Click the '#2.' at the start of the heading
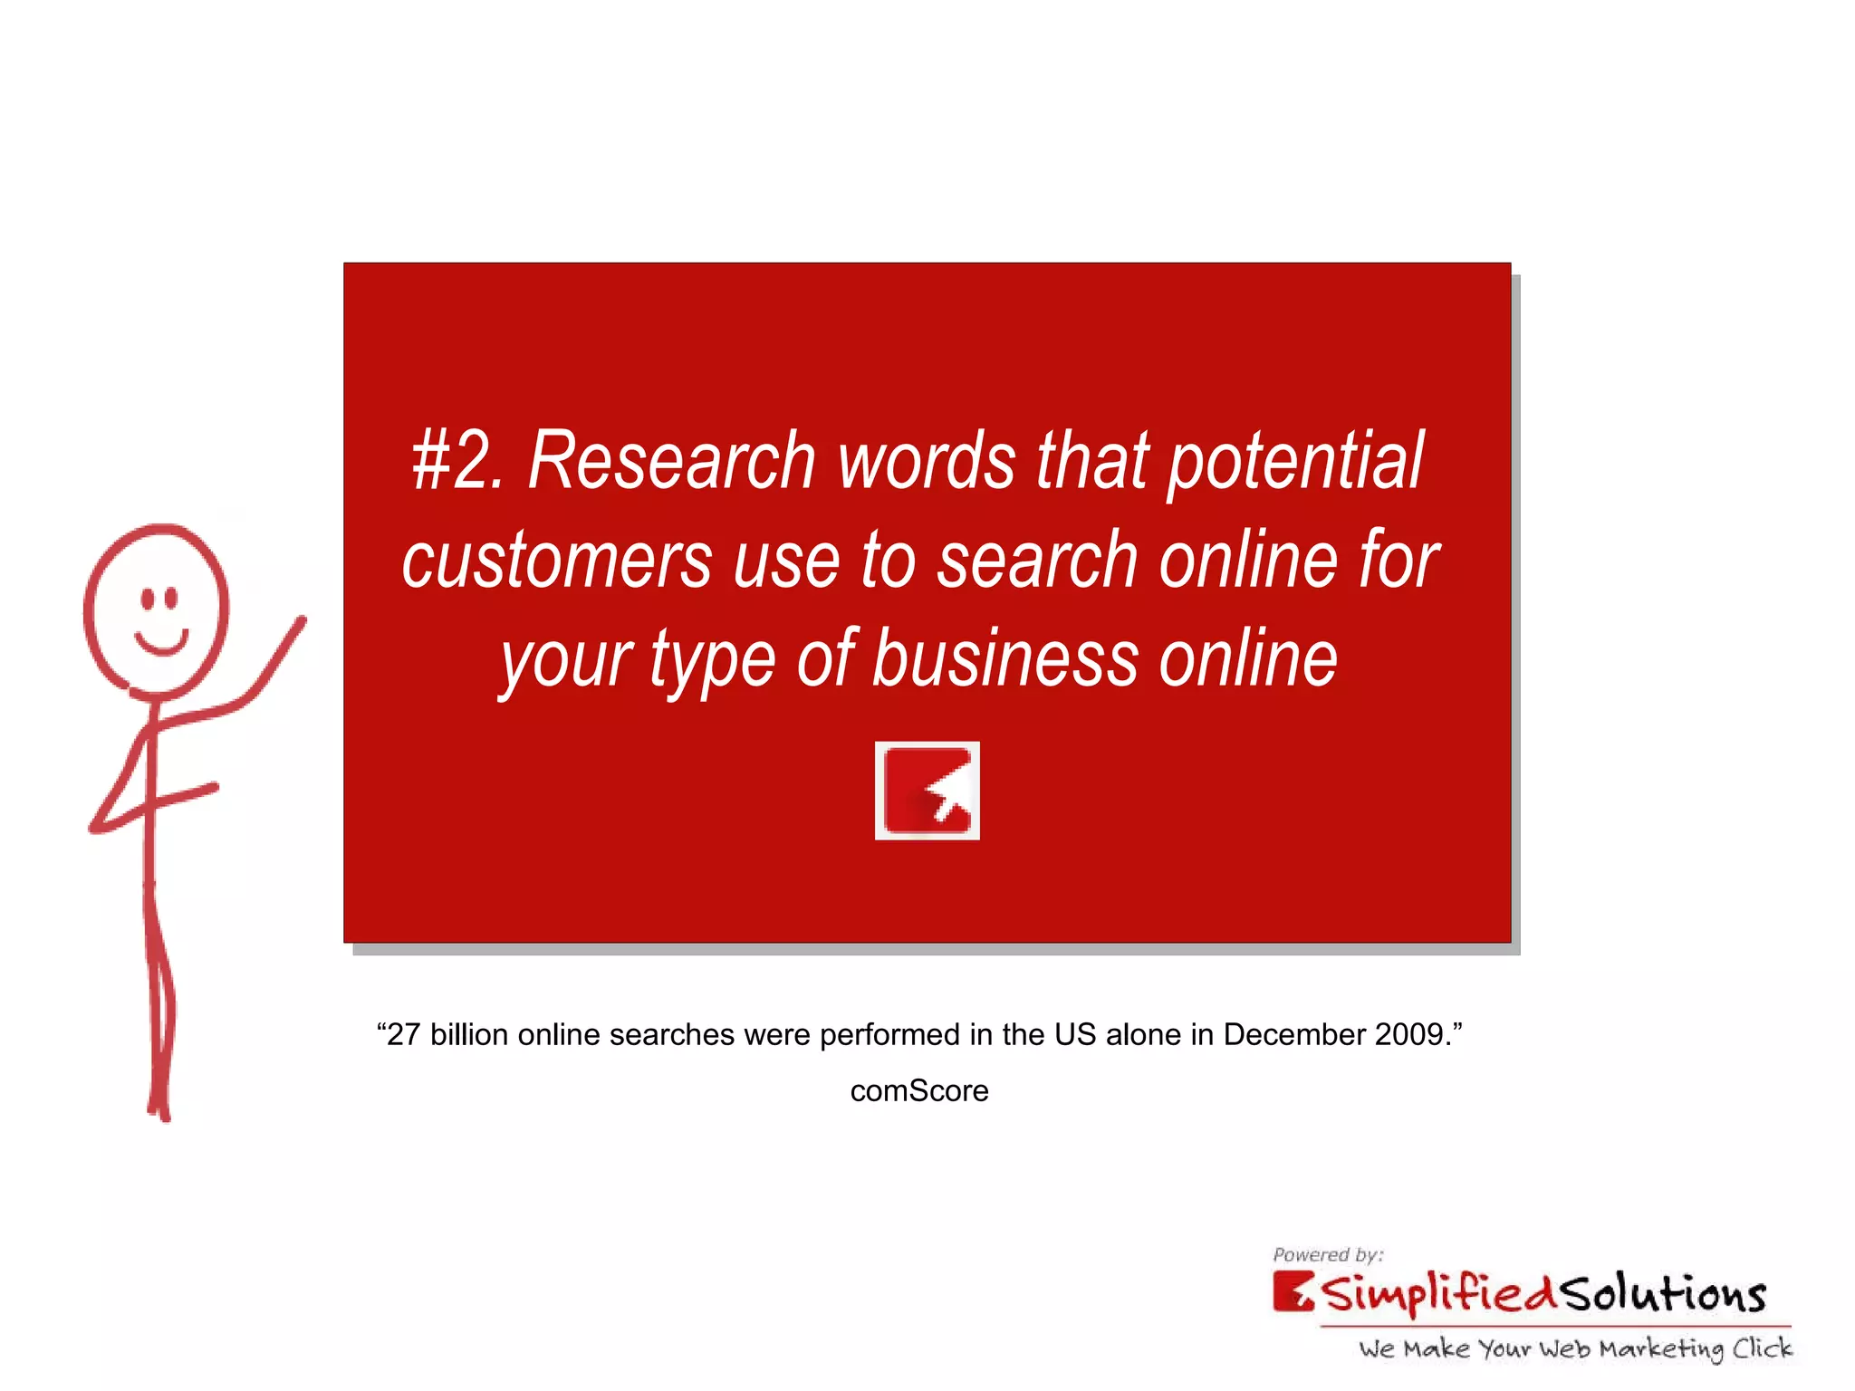point(457,462)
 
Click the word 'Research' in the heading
point(671,462)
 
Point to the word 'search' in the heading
point(1037,561)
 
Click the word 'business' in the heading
point(1005,659)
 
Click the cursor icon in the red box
point(927,791)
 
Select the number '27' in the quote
point(403,1034)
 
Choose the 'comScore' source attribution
point(919,1090)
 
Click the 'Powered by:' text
point(1328,1255)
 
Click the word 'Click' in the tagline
point(1762,1348)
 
